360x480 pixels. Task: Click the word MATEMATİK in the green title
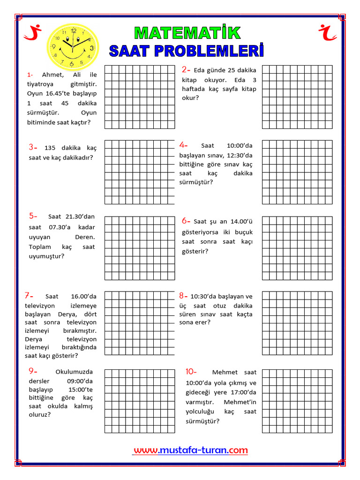click(187, 33)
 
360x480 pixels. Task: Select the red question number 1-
click(30, 75)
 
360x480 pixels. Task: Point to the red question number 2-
click(186, 70)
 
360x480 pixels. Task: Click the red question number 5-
click(33, 216)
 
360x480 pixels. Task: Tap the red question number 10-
click(191, 372)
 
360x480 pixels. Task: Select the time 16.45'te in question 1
click(59, 93)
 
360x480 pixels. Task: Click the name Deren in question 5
click(85, 237)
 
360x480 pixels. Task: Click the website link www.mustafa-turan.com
click(190, 450)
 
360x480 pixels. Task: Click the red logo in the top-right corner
click(328, 31)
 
